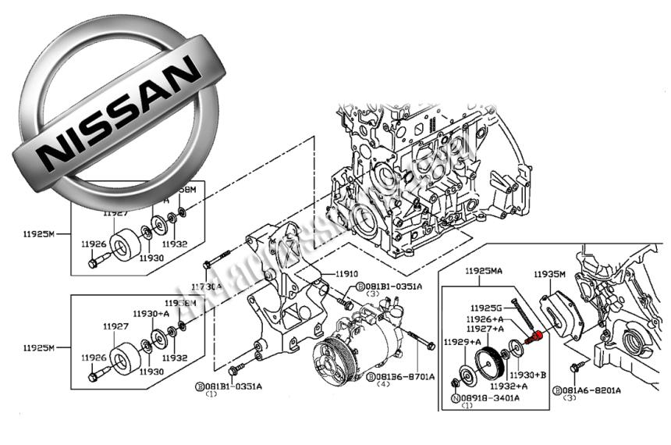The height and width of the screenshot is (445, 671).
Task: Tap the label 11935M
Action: click(549, 274)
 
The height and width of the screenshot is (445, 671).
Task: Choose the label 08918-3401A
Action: click(494, 397)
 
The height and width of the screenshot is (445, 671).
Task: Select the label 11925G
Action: click(488, 308)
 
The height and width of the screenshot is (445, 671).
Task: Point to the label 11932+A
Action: click(509, 385)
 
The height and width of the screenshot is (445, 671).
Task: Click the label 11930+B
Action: click(528, 376)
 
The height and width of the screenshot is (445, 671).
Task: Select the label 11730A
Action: click(208, 287)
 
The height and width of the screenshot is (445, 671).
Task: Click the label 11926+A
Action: click(488, 319)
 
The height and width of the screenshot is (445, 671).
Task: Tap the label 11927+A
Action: click(488, 329)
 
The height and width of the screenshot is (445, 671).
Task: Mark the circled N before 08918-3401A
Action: click(456, 397)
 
